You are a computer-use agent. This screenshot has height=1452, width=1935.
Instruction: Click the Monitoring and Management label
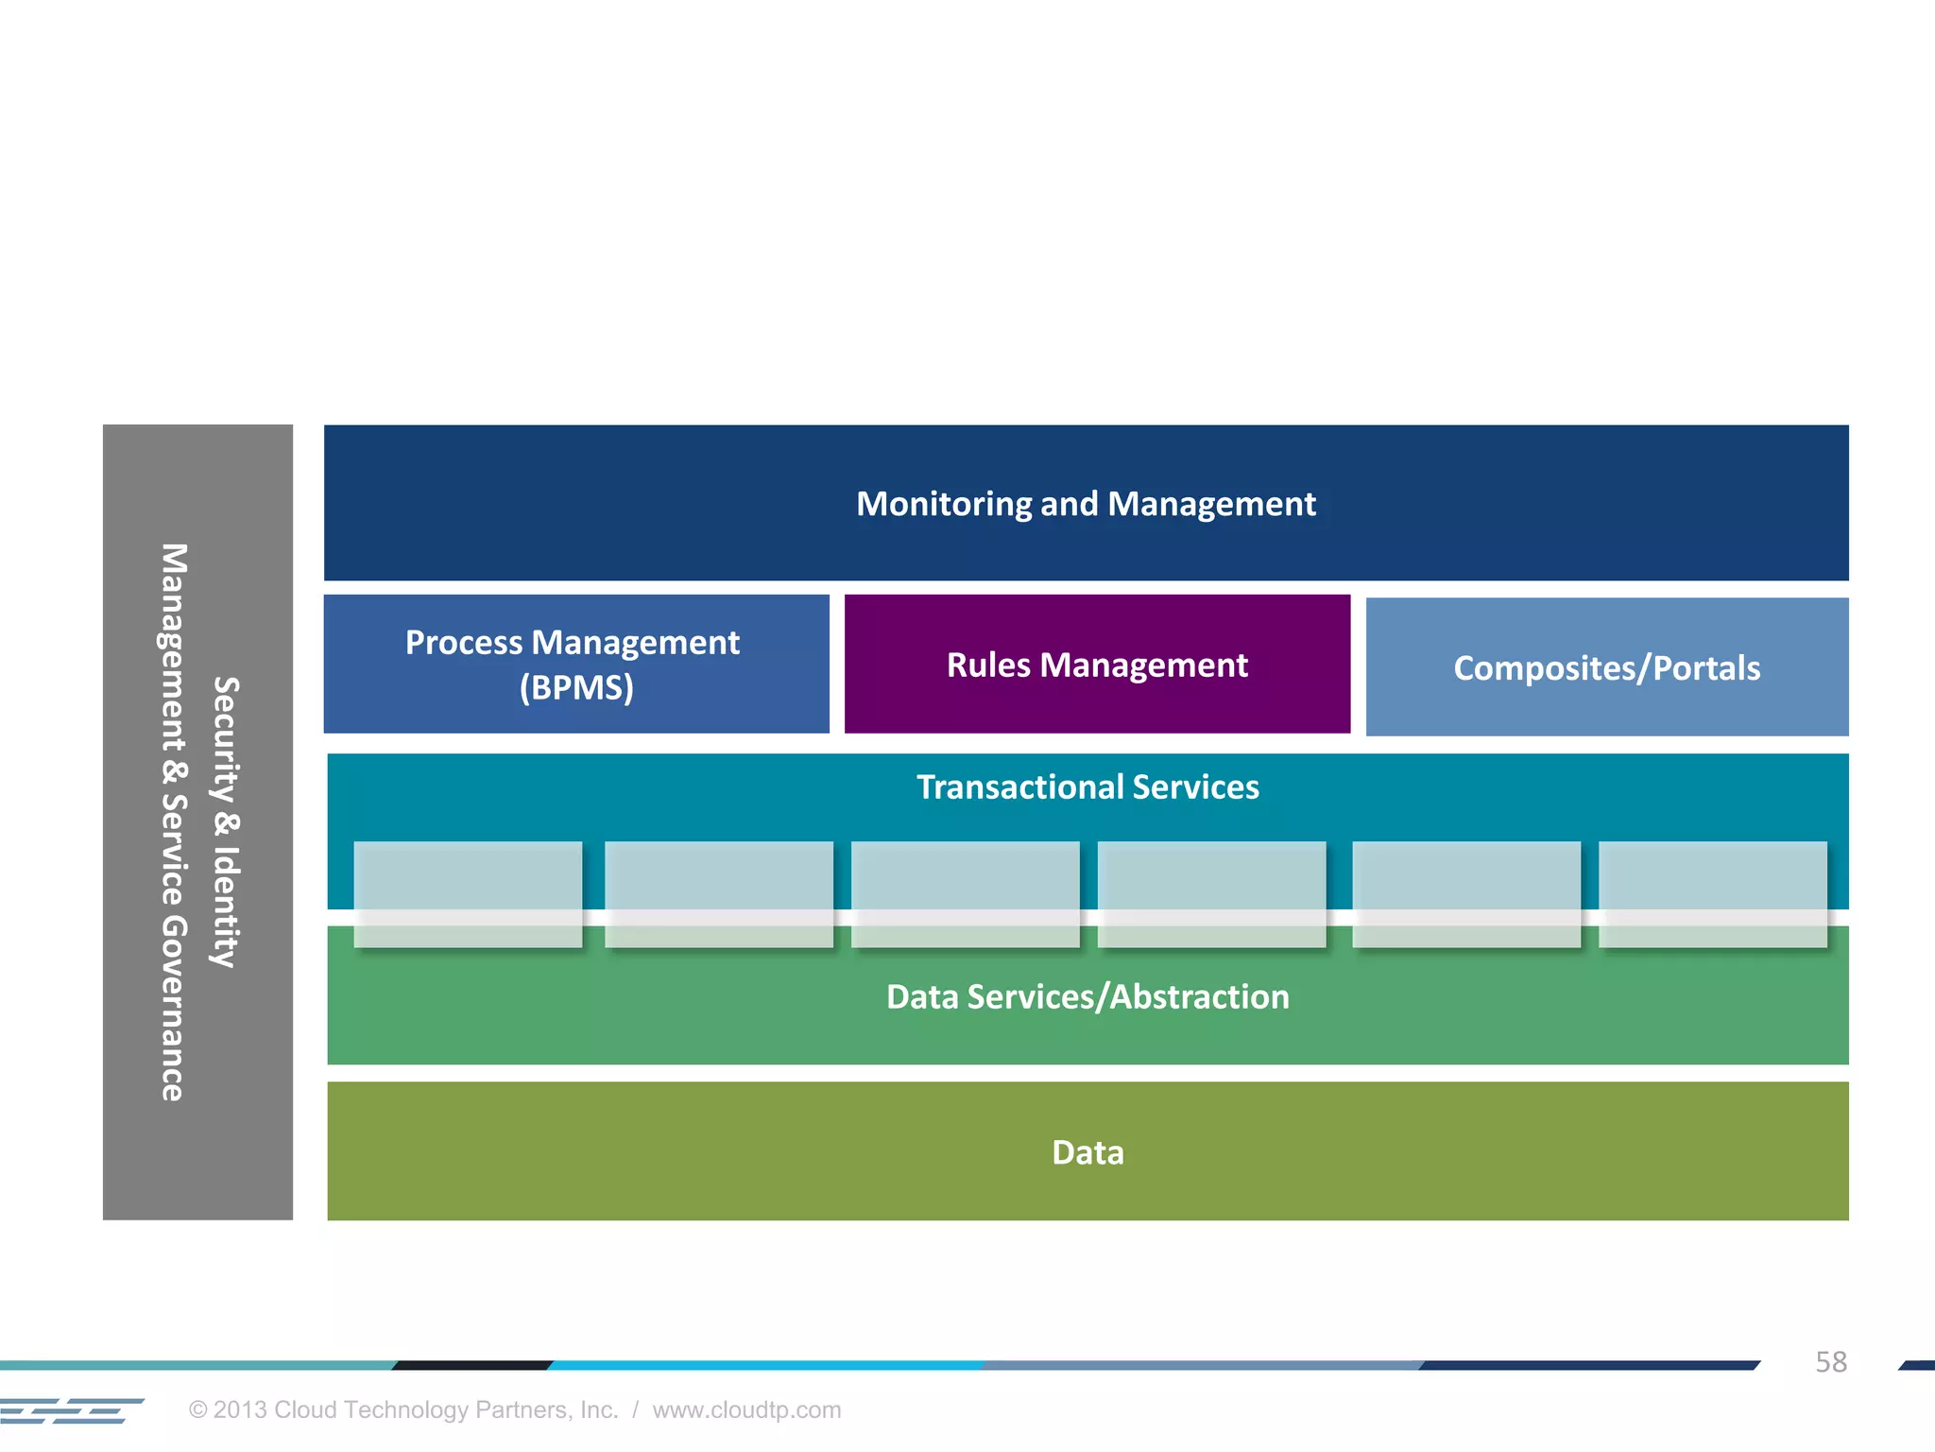pyautogui.click(x=1086, y=504)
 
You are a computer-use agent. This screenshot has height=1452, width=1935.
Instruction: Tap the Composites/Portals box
pyautogui.click(x=1606, y=667)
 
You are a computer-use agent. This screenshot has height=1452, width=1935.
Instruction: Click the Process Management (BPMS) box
pyautogui.click(x=576, y=664)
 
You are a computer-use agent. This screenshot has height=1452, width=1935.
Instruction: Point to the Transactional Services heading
pyautogui.click(x=1087, y=787)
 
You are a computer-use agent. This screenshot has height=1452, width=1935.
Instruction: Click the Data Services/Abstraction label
pyautogui.click(x=1087, y=997)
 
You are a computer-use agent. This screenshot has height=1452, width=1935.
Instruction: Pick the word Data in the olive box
pyautogui.click(x=1087, y=1152)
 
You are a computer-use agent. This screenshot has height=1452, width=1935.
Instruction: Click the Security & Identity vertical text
pyautogui.click(x=226, y=821)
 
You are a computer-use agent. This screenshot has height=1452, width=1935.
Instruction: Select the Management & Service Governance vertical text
pyautogui.click(x=173, y=821)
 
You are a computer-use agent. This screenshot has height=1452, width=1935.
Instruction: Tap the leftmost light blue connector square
pyautogui.click(x=468, y=893)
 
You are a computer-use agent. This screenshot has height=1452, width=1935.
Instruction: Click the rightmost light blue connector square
pyautogui.click(x=1712, y=893)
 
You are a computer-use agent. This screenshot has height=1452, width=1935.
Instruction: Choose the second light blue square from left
pyautogui.click(x=718, y=893)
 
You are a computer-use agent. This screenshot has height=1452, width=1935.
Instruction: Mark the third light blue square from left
pyautogui.click(x=965, y=893)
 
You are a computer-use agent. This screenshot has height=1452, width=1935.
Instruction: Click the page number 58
pyautogui.click(x=1830, y=1361)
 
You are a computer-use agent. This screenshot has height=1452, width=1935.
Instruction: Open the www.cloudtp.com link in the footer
pyautogui.click(x=746, y=1409)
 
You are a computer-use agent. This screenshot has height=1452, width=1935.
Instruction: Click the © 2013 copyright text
pyautogui.click(x=403, y=1409)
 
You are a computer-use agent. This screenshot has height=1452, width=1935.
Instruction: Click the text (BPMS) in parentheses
pyautogui.click(x=576, y=687)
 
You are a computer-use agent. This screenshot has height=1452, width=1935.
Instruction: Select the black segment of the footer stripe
pyautogui.click(x=472, y=1365)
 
